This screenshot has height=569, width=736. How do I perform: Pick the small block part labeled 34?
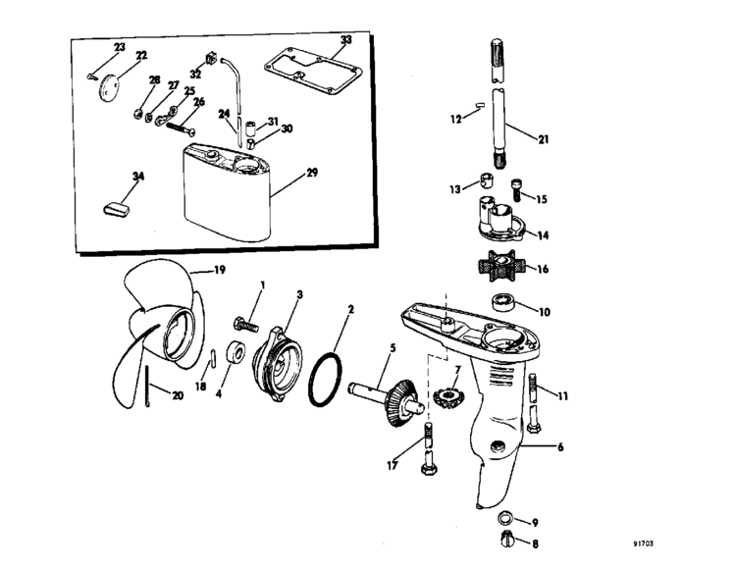[116, 209]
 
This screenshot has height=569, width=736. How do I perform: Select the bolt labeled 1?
[246, 324]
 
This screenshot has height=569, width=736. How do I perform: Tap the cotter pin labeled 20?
[147, 387]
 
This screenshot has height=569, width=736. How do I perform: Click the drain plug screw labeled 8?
[508, 540]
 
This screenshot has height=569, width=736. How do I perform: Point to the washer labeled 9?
[505, 518]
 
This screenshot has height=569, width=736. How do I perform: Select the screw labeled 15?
[517, 189]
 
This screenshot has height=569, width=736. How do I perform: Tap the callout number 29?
[312, 173]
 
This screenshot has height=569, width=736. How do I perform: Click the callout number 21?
[543, 139]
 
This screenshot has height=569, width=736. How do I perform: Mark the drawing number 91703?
[643, 543]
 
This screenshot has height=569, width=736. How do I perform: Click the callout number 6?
[560, 447]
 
